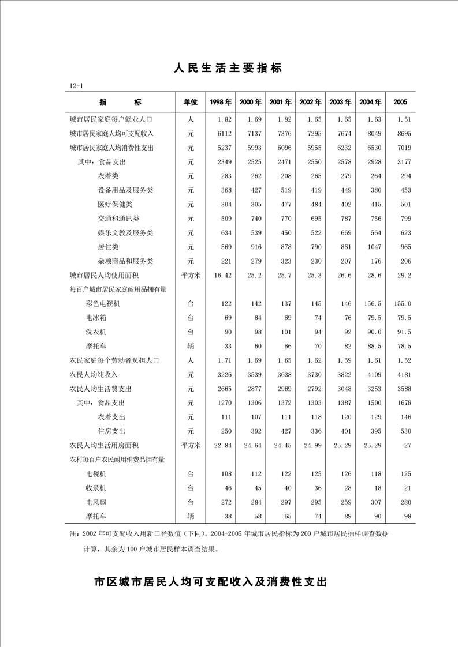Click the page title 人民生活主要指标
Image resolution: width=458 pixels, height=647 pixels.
pyautogui.click(x=228, y=68)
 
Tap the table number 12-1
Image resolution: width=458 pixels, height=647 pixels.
pyautogui.click(x=77, y=86)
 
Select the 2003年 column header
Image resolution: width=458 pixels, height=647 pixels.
pyautogui.click(x=340, y=102)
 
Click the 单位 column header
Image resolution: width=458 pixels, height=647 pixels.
pyautogui.click(x=191, y=102)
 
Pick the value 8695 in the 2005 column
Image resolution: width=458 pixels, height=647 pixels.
pyautogui.click(x=403, y=133)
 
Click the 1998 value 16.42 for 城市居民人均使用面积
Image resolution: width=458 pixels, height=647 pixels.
pyautogui.click(x=222, y=276)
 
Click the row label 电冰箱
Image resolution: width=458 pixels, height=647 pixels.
pyautogui.click(x=96, y=318)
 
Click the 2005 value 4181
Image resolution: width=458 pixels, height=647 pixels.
pyautogui.click(x=403, y=374)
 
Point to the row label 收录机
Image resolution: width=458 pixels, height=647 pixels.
pyautogui.click(x=96, y=488)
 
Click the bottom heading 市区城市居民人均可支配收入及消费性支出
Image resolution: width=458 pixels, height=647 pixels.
pyautogui.click(x=210, y=581)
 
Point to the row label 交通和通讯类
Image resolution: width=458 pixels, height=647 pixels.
pyautogui.click(x=118, y=219)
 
